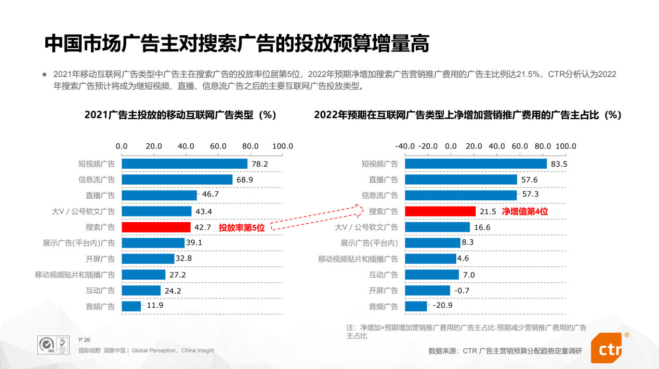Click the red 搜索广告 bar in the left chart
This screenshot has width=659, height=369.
156,227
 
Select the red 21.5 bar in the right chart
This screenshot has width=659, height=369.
440,211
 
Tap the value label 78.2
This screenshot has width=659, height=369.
259,164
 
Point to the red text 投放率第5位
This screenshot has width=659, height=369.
241,227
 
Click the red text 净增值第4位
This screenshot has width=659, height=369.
524,211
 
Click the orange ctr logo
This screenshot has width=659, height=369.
607,348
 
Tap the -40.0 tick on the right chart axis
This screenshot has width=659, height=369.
405,146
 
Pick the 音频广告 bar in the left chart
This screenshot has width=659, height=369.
131,306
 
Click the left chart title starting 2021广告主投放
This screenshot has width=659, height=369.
180,115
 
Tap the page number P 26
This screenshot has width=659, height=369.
84,339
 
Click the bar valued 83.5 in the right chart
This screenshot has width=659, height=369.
476,164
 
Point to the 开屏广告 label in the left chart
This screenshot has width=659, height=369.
100,259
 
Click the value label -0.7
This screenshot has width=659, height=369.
461,291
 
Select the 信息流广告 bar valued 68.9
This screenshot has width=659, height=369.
177,180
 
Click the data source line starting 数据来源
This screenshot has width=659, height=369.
505,351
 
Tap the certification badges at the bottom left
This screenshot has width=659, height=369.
54,345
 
